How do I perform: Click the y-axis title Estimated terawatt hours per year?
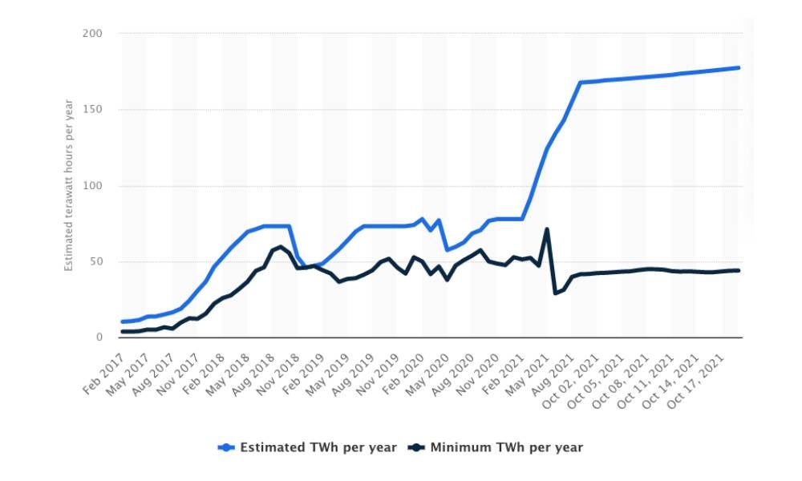pyautogui.click(x=70, y=184)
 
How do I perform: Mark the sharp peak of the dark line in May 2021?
pyautogui.click(x=547, y=229)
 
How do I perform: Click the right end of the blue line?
pyautogui.click(x=739, y=67)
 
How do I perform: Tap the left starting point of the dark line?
pyautogui.click(x=122, y=331)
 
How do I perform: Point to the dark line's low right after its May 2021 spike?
pyautogui.click(x=555, y=293)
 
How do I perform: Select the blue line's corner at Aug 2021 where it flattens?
pyautogui.click(x=580, y=83)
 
